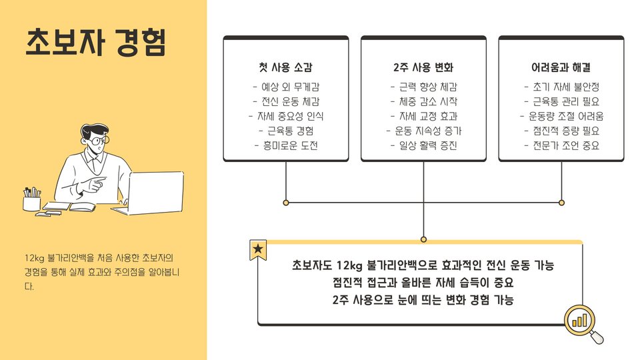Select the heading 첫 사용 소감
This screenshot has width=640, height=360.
coord(285,67)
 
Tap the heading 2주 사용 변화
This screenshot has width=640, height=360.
coord(423,67)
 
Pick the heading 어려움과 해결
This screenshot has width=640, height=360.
coord(561,67)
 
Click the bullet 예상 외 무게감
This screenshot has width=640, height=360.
coord(285,87)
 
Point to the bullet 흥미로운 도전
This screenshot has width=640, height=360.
coord(285,145)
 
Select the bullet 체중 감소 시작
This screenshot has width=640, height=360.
coord(423,101)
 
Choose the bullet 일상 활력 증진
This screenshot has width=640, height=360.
coord(423,145)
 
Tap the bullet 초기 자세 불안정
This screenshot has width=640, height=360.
coord(561,87)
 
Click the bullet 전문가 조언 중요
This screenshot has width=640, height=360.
coord(561,145)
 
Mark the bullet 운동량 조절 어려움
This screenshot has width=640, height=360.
coord(561,116)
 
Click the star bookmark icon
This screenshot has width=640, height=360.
coord(258,249)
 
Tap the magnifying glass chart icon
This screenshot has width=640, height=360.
coord(582,323)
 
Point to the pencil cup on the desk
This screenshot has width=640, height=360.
coord(32,201)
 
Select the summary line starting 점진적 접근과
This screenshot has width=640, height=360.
coord(423,282)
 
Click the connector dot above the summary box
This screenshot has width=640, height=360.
coord(423,239)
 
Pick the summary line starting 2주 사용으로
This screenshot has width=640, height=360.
coord(423,299)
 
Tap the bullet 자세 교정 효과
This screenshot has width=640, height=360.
coord(423,116)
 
